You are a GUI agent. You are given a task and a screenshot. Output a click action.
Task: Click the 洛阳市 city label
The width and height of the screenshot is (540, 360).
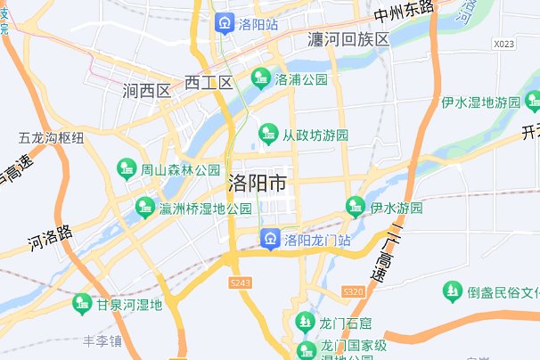pos(258,184)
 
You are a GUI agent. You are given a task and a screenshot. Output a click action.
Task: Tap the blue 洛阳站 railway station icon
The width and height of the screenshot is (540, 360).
pos(224,24)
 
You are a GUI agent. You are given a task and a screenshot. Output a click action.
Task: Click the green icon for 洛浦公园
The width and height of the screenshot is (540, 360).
pos(261,78)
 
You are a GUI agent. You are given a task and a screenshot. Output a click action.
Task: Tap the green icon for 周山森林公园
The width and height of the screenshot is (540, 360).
pos(127,168)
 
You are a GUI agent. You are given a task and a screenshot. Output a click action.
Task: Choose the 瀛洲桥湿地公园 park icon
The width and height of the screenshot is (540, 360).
pos(144,208)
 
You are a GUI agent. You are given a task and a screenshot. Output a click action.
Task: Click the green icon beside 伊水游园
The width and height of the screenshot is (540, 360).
pos(356,207)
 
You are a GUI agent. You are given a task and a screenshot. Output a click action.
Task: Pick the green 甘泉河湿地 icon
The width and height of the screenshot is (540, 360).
pos(83,304)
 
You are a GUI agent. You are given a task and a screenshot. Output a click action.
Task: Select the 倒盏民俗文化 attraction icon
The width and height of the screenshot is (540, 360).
pos(453,291)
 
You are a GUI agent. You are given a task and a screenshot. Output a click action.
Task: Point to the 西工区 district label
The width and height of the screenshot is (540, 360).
pos(209,83)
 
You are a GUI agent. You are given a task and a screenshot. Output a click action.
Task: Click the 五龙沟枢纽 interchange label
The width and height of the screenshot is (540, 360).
pos(52,138)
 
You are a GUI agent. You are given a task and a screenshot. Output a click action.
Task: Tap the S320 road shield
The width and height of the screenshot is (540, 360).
pos(355,290)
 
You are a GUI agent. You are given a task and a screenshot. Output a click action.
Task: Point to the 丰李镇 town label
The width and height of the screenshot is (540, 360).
pos(103,340)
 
